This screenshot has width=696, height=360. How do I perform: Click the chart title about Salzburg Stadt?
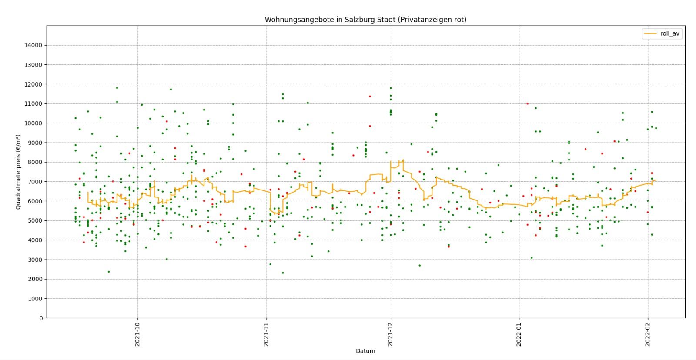(365, 20)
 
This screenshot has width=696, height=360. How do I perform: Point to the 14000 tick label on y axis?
(33, 45)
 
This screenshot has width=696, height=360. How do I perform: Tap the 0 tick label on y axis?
(41, 318)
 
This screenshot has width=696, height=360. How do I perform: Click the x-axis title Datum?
(365, 351)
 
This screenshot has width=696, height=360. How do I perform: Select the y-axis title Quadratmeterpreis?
(18, 172)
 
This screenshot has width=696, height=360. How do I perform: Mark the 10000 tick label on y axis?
(33, 123)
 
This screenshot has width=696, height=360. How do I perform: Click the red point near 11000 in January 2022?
(528, 103)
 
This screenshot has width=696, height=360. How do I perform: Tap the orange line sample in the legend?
(650, 33)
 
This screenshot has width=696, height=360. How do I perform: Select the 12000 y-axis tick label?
(33, 84)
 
